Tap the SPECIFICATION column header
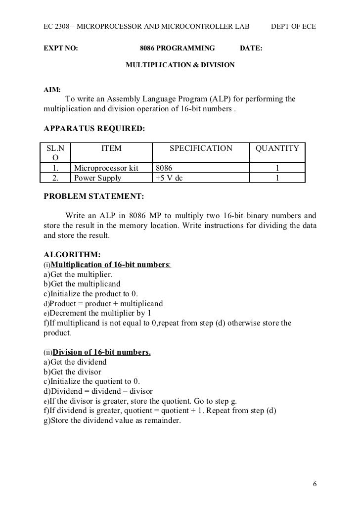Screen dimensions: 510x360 tap(201, 148)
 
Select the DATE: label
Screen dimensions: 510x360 tap(251, 48)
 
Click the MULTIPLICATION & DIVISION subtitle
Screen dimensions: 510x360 tap(180, 65)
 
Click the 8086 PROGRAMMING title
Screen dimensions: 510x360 tap(178, 48)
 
